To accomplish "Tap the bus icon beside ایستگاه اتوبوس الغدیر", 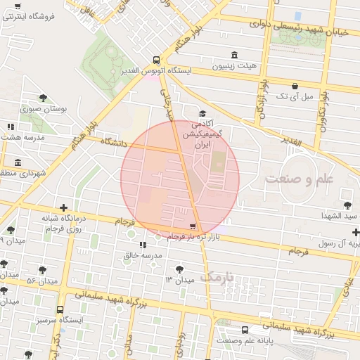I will [156, 60].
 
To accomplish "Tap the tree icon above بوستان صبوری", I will [44, 98].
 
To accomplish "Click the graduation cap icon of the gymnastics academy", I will [203, 113].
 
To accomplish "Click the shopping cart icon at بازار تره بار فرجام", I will [193, 226].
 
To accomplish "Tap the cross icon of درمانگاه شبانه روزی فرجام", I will [64, 207].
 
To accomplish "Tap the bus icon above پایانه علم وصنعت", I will [245, 330].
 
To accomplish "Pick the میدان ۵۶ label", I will [41, 281].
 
